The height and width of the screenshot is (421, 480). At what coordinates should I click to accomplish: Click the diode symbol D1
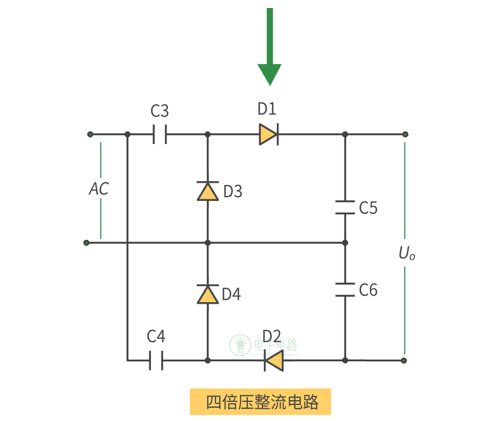(x=268, y=134)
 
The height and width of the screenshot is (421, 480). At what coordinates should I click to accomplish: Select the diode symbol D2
(x=274, y=361)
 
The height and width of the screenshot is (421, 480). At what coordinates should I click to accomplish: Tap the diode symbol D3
(x=207, y=191)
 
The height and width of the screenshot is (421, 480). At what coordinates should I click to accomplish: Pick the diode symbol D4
(x=207, y=294)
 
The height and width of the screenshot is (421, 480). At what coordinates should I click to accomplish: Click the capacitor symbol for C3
(x=159, y=134)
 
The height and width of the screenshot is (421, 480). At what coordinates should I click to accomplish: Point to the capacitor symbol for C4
(x=156, y=360)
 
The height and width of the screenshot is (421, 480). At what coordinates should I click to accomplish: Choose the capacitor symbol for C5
(x=345, y=207)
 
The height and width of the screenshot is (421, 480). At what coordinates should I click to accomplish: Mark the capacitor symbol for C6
(x=345, y=290)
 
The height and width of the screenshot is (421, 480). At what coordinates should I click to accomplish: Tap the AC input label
(x=99, y=189)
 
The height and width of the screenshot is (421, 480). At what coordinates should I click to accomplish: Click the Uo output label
(x=406, y=254)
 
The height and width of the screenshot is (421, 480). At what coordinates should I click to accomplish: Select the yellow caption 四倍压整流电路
(x=260, y=402)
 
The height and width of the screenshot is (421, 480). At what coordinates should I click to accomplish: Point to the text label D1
(x=267, y=109)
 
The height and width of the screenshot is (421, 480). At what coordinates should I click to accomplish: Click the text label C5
(x=368, y=208)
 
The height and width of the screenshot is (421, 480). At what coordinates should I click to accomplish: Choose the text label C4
(x=156, y=337)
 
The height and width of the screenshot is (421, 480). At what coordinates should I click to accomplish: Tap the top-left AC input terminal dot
(x=90, y=134)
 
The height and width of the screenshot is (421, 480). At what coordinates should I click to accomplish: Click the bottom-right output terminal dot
(x=404, y=360)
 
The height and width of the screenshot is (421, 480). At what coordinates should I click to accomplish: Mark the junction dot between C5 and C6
(x=345, y=243)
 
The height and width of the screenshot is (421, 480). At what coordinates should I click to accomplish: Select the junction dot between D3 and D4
(x=207, y=243)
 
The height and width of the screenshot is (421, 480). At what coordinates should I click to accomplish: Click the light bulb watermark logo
(x=241, y=346)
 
